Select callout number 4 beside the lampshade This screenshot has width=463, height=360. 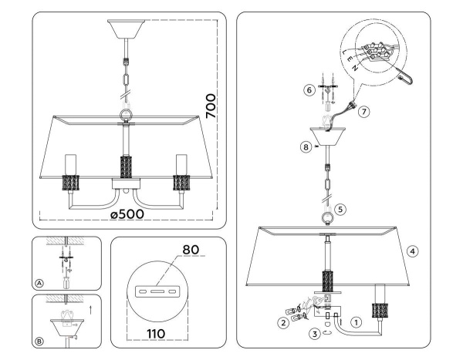(x=413, y=251)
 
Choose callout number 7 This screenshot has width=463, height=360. (x=364, y=111)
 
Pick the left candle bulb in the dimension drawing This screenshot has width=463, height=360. (x=71, y=163)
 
